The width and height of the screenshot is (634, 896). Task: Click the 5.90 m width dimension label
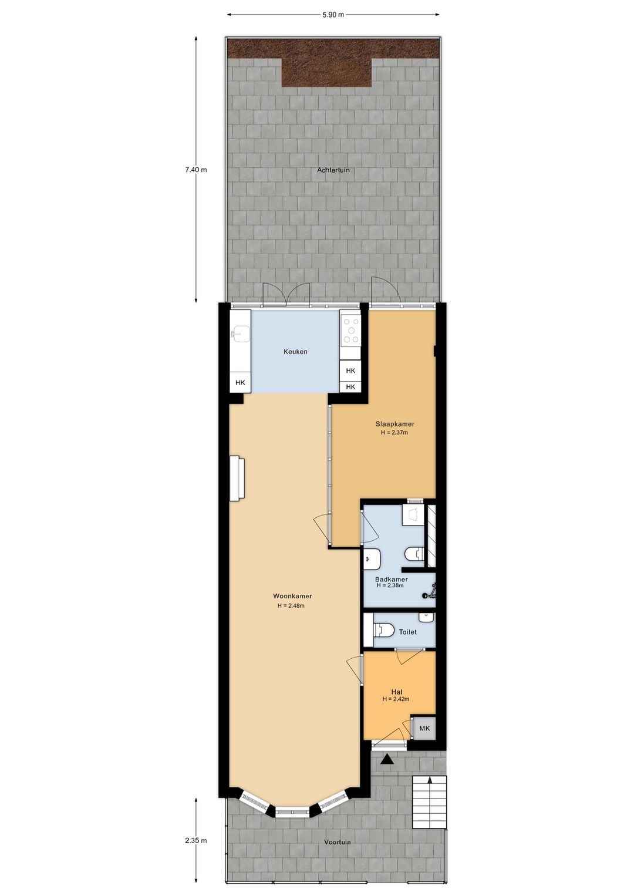point(333,15)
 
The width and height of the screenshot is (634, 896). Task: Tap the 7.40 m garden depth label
point(196,170)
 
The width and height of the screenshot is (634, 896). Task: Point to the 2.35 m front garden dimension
point(196,840)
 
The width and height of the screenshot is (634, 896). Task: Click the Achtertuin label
point(333,170)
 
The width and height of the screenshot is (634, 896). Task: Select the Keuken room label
point(295,352)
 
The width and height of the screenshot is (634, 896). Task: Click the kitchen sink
point(240,335)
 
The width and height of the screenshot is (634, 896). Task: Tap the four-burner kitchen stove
point(352,331)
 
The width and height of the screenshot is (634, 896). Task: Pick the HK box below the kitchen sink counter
point(240,383)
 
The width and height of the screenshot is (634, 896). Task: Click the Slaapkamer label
point(394,424)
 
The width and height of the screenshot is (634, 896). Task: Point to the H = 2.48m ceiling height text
point(291,606)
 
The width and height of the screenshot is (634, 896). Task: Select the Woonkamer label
point(292,596)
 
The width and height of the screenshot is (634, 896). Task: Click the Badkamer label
point(392,579)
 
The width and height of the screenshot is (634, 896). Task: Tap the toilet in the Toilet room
point(383,631)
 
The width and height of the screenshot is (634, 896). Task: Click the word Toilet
point(408,632)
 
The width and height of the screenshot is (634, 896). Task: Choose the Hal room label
point(396,692)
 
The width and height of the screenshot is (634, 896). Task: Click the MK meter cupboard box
point(424,728)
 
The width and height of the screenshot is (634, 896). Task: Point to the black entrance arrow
point(387,760)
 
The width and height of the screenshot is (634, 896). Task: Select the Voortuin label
point(338,842)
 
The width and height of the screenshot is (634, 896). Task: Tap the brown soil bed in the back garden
point(327,65)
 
